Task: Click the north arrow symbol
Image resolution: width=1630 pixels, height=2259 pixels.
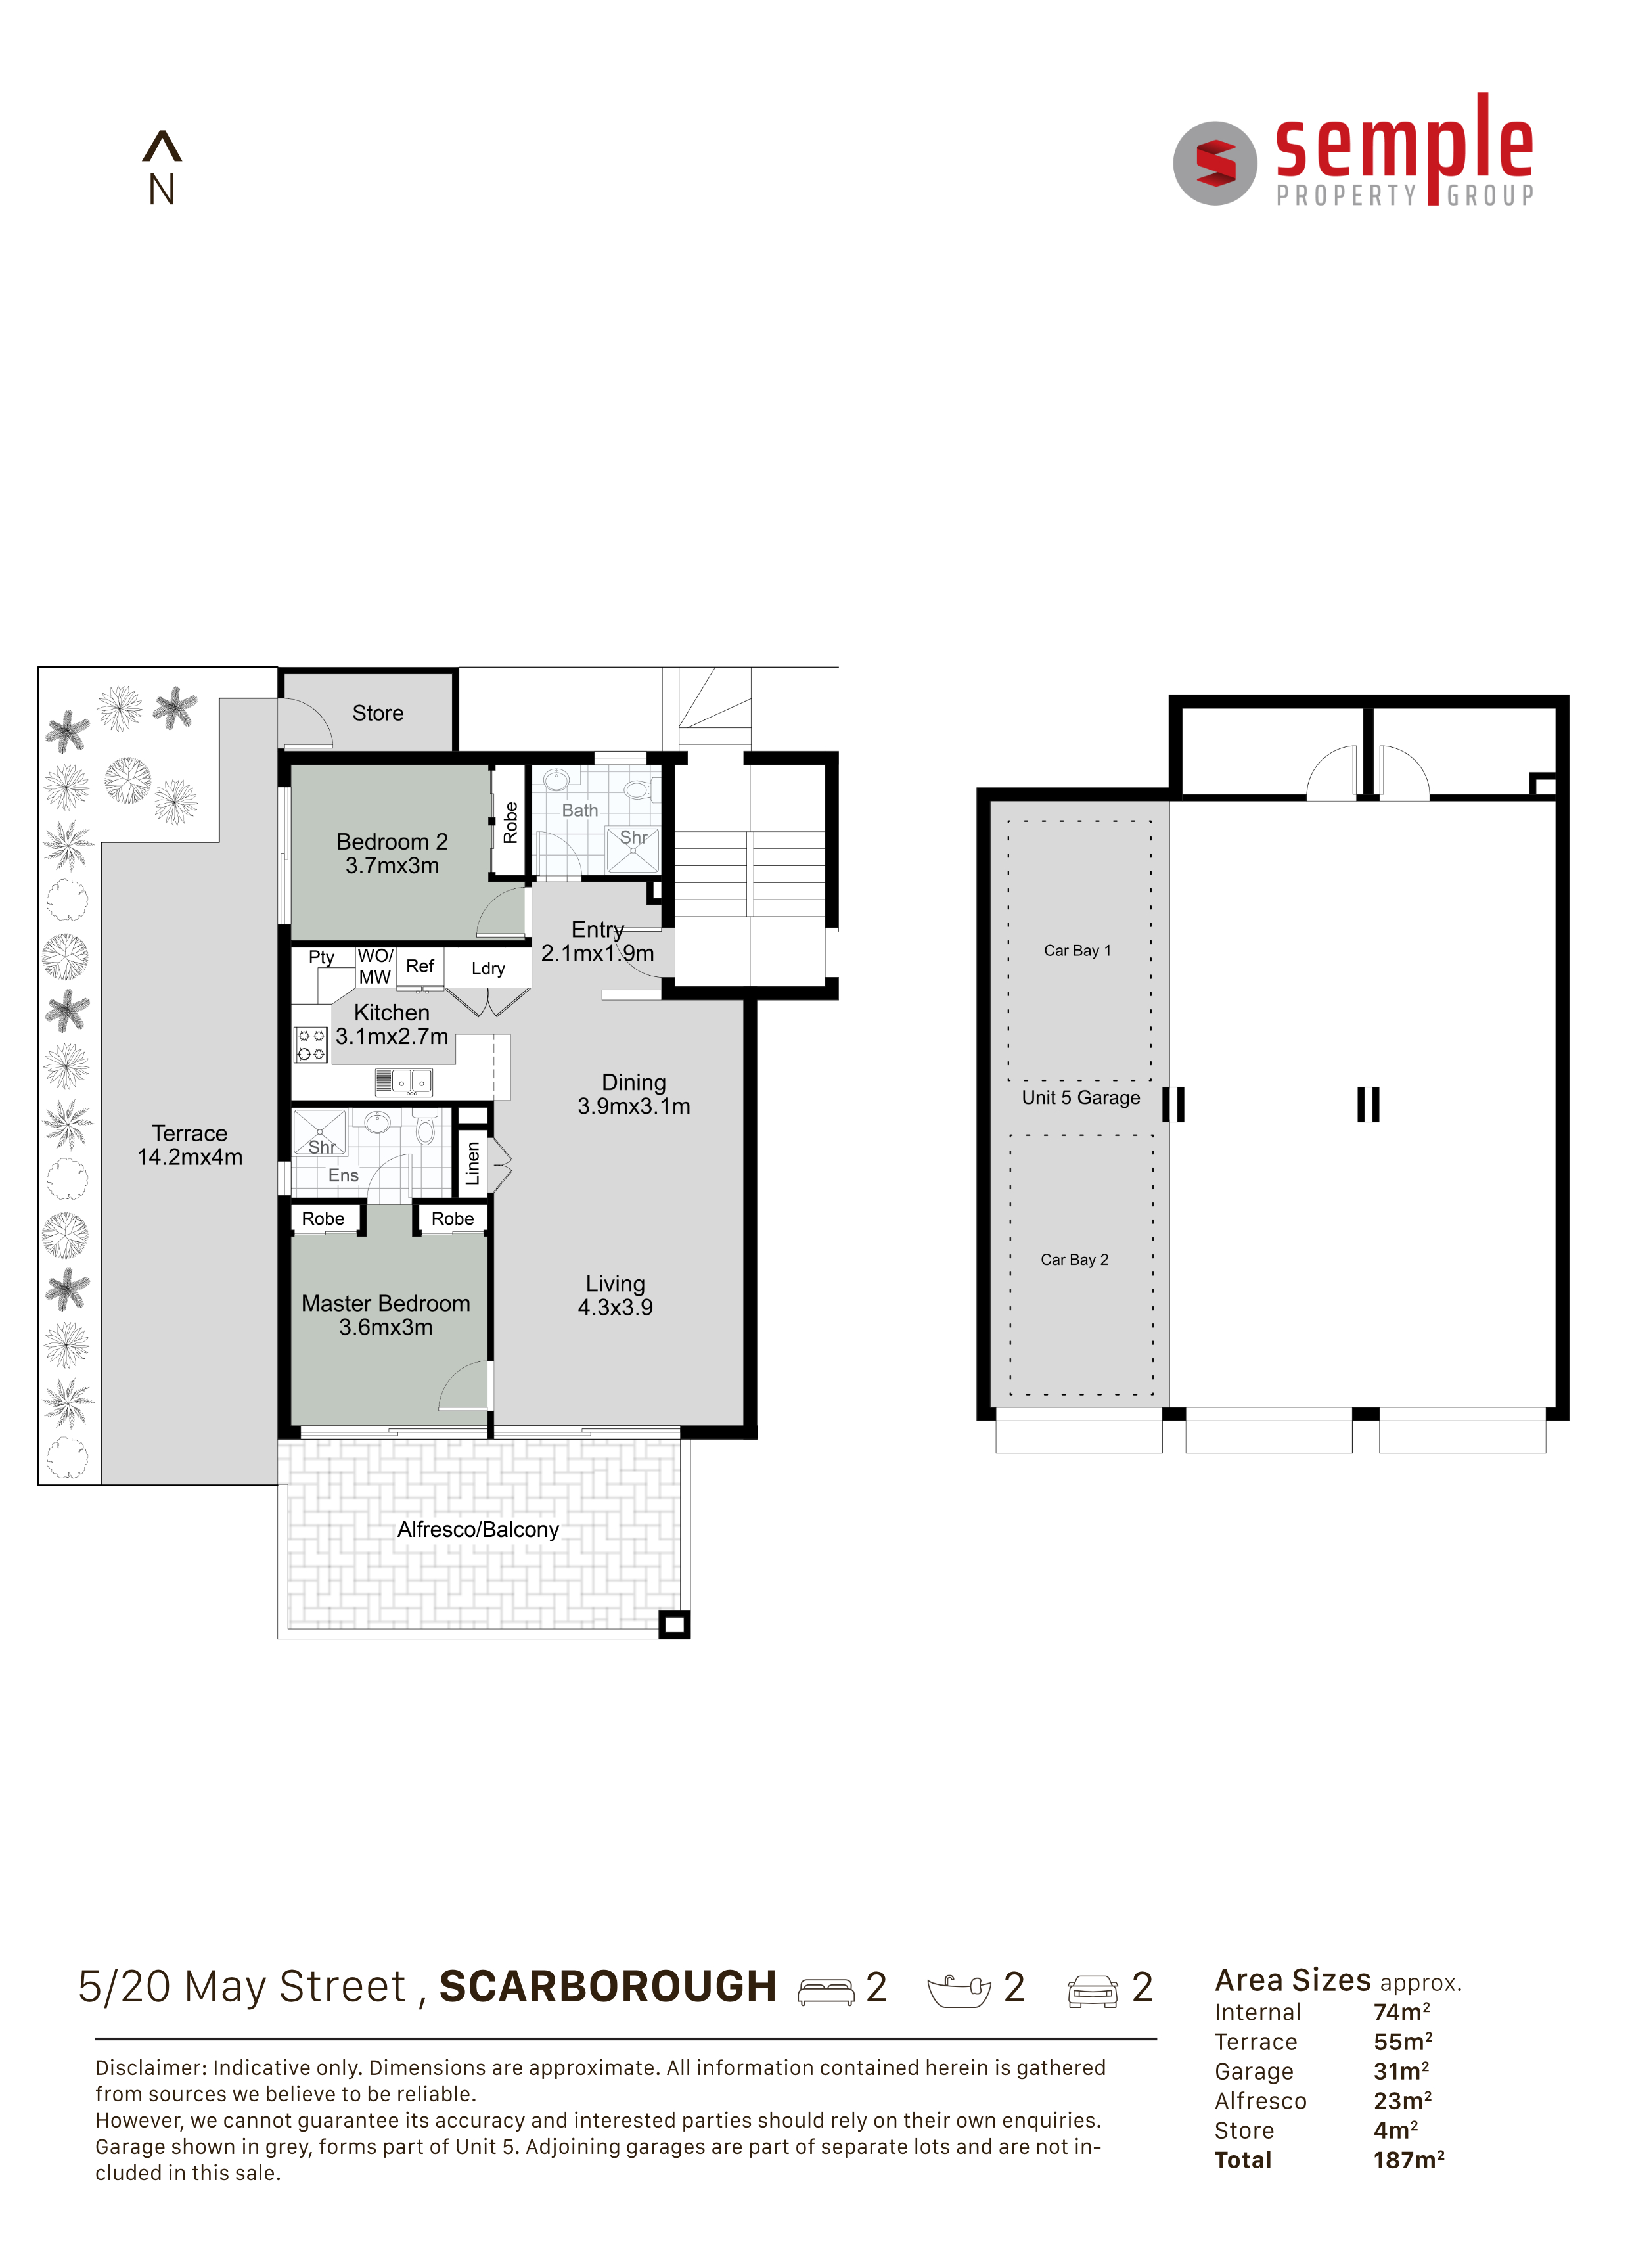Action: click(x=162, y=147)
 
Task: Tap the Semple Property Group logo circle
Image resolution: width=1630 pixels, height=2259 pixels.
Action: click(x=1215, y=164)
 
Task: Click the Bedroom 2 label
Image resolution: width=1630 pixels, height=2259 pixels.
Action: click(x=392, y=842)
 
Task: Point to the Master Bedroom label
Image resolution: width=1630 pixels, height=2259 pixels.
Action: click(x=386, y=1303)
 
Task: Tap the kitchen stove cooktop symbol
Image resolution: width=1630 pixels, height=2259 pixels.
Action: click(x=311, y=1045)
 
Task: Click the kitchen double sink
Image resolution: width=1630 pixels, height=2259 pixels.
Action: click(x=404, y=1082)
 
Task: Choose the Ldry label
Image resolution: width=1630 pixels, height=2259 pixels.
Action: click(x=488, y=968)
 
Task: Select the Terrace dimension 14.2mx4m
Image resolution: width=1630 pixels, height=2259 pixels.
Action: click(x=190, y=1157)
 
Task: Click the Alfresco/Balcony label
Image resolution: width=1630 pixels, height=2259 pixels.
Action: click(x=478, y=1530)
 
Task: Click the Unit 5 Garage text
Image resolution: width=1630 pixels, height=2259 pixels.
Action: click(x=1081, y=1097)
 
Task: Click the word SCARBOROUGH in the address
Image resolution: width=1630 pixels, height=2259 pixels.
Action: click(x=608, y=1986)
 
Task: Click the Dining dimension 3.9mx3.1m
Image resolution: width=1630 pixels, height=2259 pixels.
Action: click(x=634, y=1107)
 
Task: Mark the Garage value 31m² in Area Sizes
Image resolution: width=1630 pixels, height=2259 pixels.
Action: click(x=1402, y=2071)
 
